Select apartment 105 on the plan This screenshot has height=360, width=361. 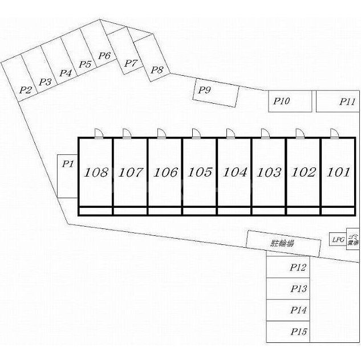200,172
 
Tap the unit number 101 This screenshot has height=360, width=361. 339,172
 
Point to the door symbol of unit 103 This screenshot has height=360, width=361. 265,133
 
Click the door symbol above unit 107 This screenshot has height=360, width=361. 126,133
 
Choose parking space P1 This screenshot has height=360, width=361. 67,176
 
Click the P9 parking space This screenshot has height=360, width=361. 216,93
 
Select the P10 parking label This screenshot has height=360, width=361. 282,101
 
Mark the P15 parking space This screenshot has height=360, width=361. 298,332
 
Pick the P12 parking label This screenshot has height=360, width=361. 298,267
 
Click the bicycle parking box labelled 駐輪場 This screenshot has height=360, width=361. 281,243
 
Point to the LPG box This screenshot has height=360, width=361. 338,240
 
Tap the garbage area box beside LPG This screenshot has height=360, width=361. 353,238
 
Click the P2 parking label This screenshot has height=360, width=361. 25,89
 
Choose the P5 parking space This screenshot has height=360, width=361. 86,64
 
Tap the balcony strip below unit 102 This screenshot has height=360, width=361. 303,211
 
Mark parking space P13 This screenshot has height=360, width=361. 298,289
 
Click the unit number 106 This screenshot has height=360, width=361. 165,172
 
